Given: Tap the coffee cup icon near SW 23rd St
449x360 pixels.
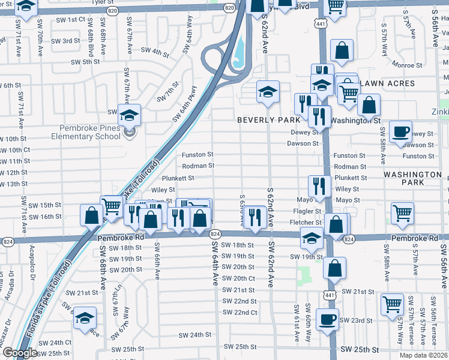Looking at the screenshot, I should pyautogui.click(x=327, y=319).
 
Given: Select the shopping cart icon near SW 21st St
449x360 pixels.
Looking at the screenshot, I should pyautogui.click(x=392, y=304).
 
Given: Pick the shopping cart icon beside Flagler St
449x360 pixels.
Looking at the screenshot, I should pyautogui.click(x=402, y=212).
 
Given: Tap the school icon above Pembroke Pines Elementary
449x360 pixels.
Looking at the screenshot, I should pyautogui.click(x=128, y=114).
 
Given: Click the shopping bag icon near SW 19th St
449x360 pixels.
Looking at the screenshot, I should pyautogui.click(x=335, y=268).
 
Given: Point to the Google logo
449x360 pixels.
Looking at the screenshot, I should pyautogui.click(x=19, y=353).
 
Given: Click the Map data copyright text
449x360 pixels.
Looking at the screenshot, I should pyautogui.click(x=423, y=355).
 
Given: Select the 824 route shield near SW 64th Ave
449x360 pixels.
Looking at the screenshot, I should pyautogui.click(x=216, y=233).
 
